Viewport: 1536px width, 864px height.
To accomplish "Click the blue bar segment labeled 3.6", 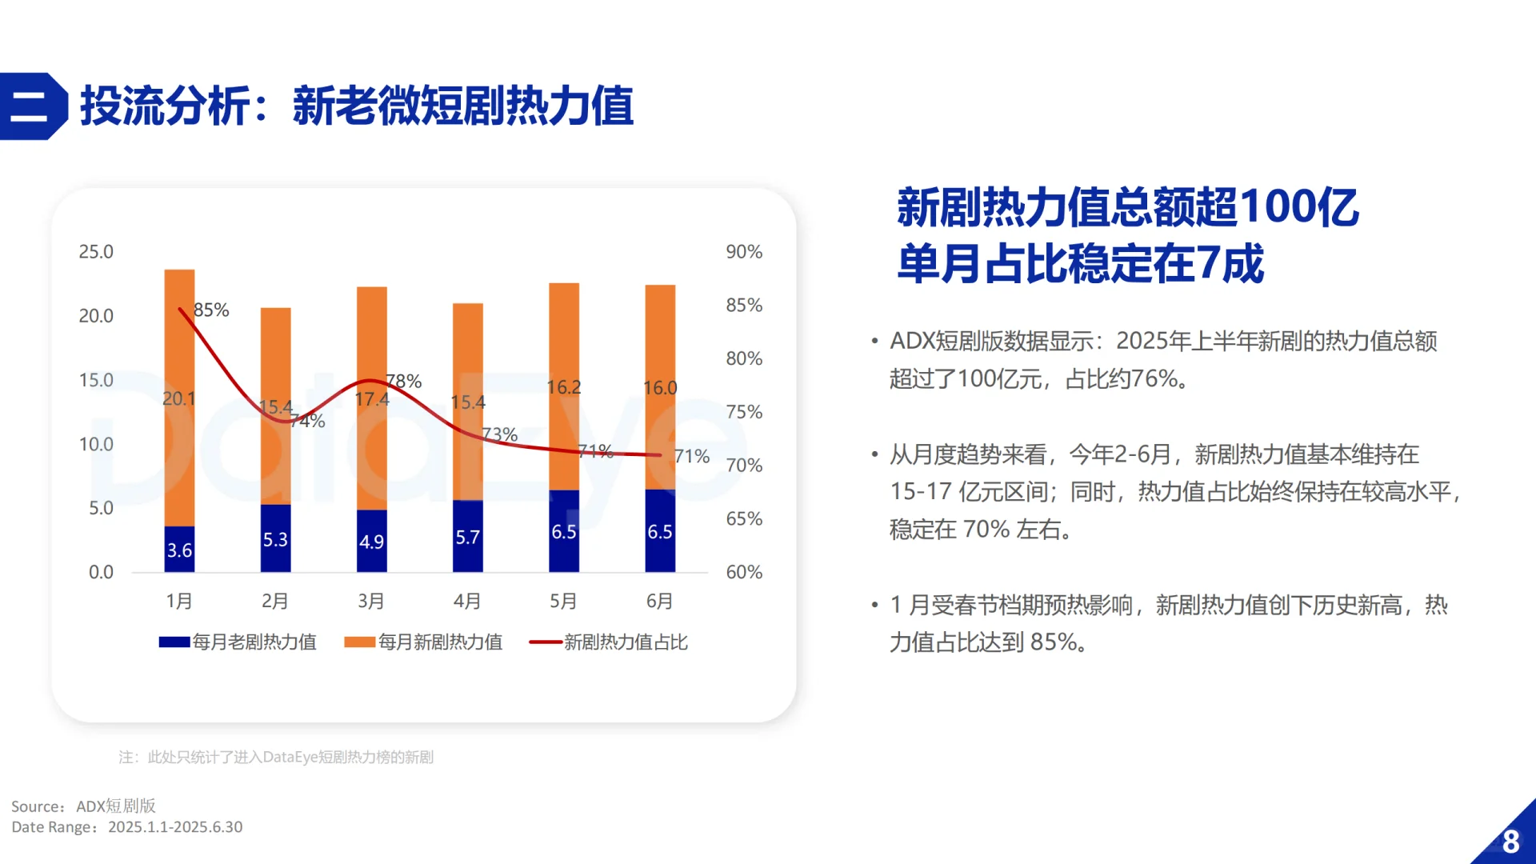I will tap(179, 549).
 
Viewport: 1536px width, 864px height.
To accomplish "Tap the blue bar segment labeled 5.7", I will tap(467, 536).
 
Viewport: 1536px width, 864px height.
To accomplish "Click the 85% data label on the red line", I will tap(211, 310).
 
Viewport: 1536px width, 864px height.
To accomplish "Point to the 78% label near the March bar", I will tap(404, 381).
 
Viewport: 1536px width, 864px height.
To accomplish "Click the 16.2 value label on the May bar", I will tap(563, 387).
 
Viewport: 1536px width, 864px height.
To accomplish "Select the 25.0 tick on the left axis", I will tap(96, 252).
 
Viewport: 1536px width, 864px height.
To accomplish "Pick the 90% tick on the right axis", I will tap(743, 252).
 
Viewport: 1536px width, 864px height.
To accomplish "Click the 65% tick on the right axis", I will tap(743, 518).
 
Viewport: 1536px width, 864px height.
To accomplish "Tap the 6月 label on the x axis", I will tap(659, 601).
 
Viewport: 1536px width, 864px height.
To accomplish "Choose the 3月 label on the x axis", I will tap(371, 601).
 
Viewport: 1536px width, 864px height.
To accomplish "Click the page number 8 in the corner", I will tap(1510, 842).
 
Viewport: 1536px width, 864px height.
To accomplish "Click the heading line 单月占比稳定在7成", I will tap(1080, 263).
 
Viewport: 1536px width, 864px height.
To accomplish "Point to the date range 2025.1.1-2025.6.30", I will tap(175, 827).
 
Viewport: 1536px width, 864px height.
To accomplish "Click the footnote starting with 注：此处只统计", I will tap(276, 757).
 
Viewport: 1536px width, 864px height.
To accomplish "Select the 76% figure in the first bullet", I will tap(1148, 378).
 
